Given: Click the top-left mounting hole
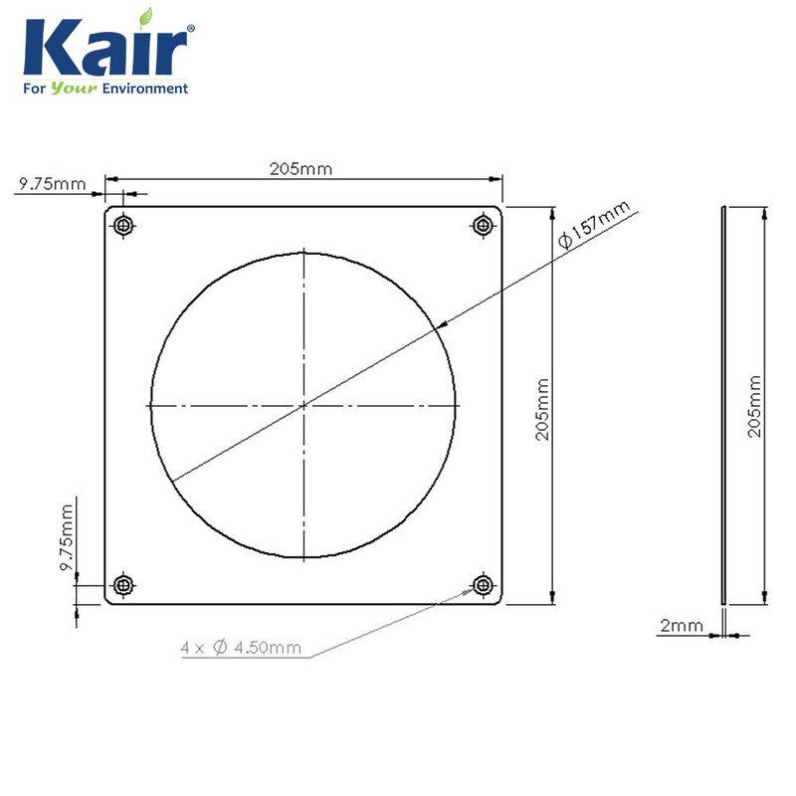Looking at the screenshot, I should pos(123,225).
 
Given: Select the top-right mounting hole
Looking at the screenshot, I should pos(485,225).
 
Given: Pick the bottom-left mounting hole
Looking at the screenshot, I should pos(123,584).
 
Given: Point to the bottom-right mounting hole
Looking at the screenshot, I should pos(485,584).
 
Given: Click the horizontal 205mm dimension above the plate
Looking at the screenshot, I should pos(300,169).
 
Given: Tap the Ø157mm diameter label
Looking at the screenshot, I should pos(594,227).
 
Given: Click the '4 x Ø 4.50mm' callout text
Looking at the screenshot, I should pos(241,648).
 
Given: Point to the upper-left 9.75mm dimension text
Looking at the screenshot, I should pos(51,184).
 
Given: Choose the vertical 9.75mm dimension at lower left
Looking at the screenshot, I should pos(67,537).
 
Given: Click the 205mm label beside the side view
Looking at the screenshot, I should pos(754,407).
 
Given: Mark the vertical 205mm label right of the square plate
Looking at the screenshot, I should pos(542,407).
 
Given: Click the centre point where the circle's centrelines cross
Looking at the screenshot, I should pos(304,405).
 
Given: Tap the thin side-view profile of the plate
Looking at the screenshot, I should pos(723,405).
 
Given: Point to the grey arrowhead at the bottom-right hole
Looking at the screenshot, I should pos(468,592).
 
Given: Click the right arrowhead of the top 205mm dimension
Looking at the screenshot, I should pos(497,179).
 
